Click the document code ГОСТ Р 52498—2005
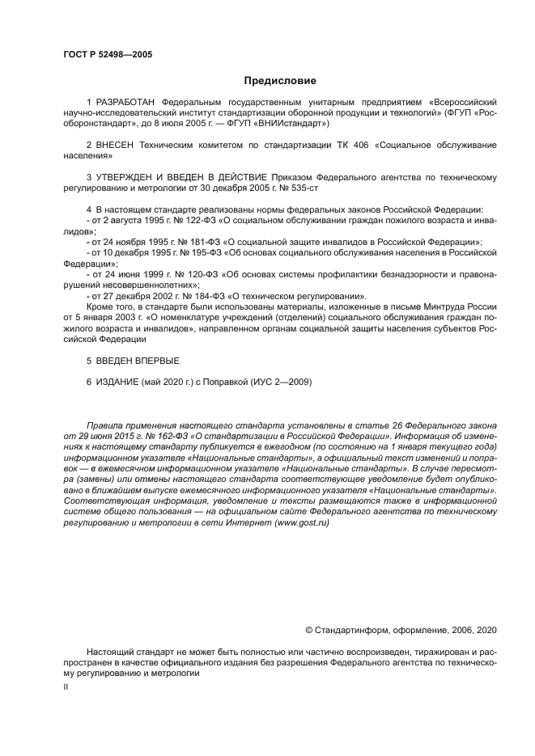tap(107, 55)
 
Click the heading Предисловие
tap(280, 81)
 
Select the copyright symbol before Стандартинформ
tap(309, 630)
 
